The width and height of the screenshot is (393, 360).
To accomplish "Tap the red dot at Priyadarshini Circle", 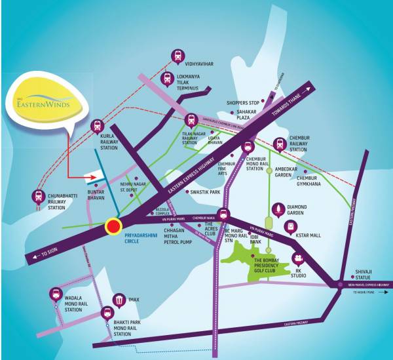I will pos(113,227).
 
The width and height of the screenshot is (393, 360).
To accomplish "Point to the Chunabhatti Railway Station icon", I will pos(38,195).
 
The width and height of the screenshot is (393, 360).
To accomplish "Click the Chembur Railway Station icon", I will pos(279,144).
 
